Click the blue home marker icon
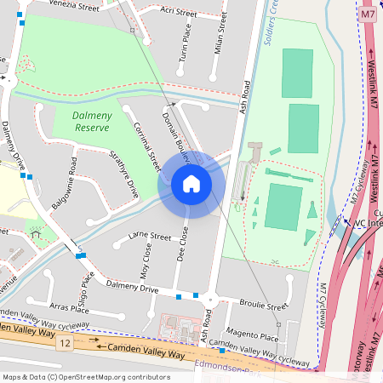(x=191, y=183)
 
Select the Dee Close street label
(x=182, y=243)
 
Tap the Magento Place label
(x=253, y=337)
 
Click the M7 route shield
(x=367, y=14)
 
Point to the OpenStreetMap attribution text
(x=85, y=376)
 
